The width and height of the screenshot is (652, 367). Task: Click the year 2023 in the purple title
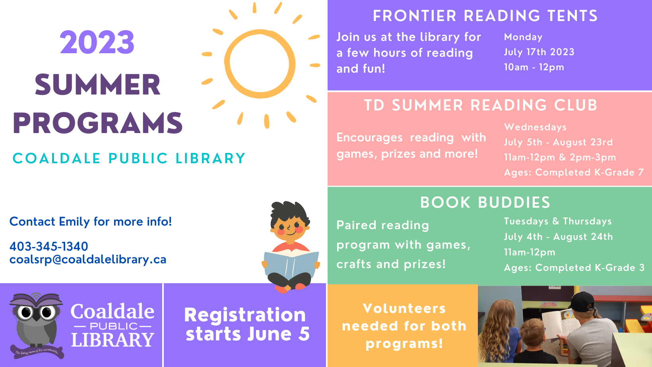click(97, 42)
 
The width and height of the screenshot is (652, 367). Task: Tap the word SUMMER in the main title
click(97, 85)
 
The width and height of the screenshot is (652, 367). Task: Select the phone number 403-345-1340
click(49, 246)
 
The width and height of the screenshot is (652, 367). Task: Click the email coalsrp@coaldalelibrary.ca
click(88, 259)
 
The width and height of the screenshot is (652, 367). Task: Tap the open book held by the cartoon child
click(291, 264)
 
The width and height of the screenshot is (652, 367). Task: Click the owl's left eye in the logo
click(26, 313)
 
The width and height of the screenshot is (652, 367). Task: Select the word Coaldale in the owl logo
click(113, 311)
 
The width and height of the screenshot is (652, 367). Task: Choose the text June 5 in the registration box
click(278, 334)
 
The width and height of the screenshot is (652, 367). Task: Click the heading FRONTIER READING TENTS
click(485, 16)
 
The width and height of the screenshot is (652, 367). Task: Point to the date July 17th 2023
click(539, 52)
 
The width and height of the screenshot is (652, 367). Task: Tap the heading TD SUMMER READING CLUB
click(481, 105)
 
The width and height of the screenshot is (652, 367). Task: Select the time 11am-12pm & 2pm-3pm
click(560, 157)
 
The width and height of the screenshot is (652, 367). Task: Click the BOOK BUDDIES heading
click(485, 203)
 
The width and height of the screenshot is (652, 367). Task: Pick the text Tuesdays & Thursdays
click(558, 221)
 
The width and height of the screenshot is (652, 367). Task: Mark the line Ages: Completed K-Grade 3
click(574, 268)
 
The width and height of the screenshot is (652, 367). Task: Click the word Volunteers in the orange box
click(404, 309)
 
